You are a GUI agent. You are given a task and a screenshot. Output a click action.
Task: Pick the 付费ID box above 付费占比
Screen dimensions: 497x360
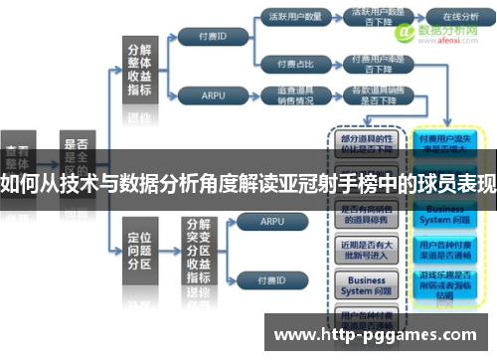point(216,38)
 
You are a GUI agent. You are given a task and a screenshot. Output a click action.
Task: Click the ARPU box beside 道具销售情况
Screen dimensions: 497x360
point(214,95)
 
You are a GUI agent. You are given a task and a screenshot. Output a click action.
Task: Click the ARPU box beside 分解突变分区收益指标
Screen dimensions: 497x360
point(257,224)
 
